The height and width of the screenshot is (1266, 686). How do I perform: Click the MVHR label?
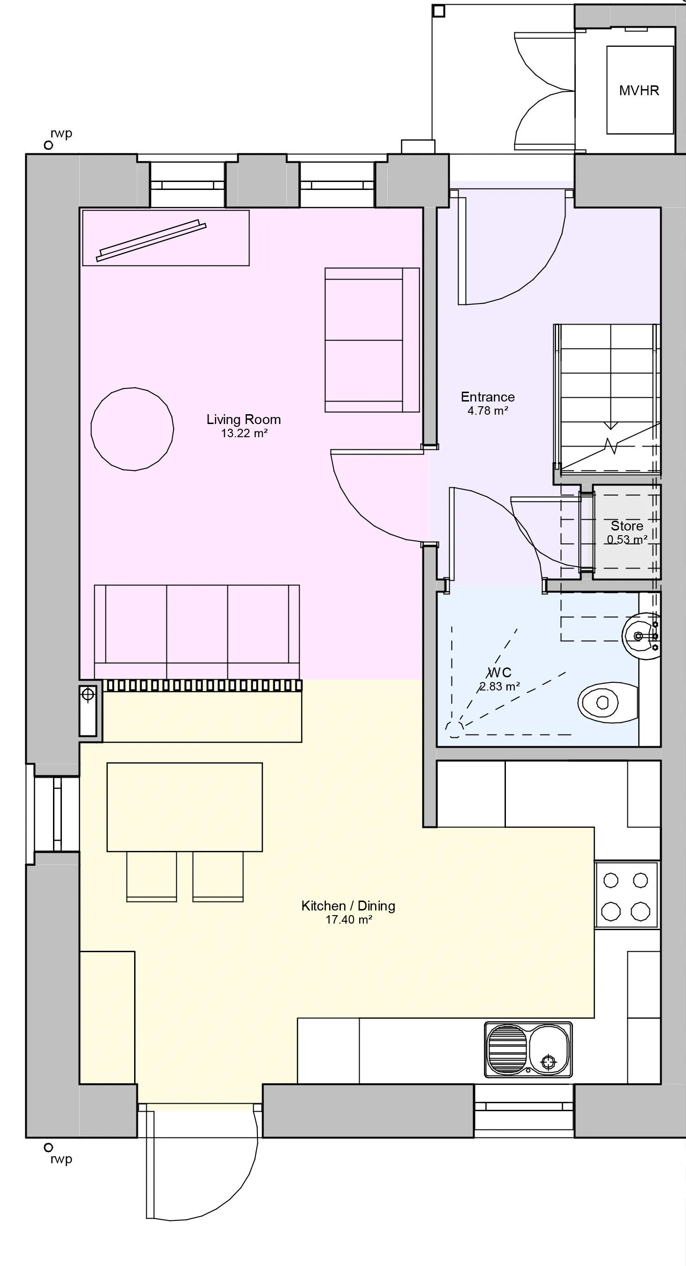pyautogui.click(x=639, y=91)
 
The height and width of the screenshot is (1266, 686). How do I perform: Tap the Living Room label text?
pyautogui.click(x=244, y=419)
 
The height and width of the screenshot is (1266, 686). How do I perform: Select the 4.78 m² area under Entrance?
pyautogui.click(x=488, y=411)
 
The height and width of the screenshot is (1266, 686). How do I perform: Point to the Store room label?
pyautogui.click(x=626, y=526)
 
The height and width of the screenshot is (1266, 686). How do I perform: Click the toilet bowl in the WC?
pyautogui.click(x=603, y=702)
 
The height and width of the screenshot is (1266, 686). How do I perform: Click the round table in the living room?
pyautogui.click(x=132, y=429)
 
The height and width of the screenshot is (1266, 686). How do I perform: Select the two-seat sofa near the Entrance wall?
pyautogui.click(x=372, y=340)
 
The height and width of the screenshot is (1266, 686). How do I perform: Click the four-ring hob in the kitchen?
pyautogui.click(x=626, y=895)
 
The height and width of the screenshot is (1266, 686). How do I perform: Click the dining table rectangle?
pyautogui.click(x=184, y=807)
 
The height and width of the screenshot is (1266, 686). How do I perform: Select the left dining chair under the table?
pyautogui.click(x=151, y=876)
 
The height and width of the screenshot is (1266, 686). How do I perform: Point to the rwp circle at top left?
pyautogui.click(x=48, y=145)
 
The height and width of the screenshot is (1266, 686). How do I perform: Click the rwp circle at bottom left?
pyautogui.click(x=48, y=1147)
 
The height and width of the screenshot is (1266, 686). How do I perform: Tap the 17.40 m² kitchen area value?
pyautogui.click(x=348, y=919)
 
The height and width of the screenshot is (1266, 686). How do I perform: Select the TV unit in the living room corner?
pyautogui.click(x=166, y=238)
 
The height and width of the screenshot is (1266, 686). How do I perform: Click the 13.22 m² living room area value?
pyautogui.click(x=244, y=433)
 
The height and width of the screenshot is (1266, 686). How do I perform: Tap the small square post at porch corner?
pyautogui.click(x=439, y=10)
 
